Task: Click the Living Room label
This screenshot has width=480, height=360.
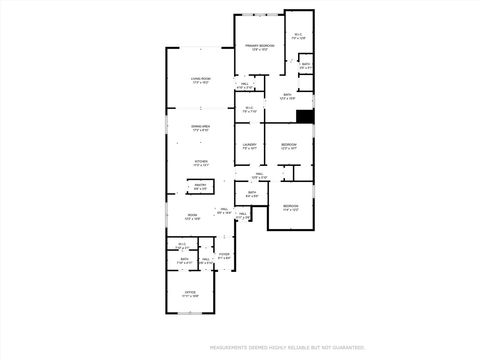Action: click(x=200, y=80)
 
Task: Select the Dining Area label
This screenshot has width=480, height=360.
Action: click(x=200, y=128)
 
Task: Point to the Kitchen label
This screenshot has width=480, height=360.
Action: click(x=200, y=163)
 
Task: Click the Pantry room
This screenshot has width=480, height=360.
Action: click(x=200, y=186)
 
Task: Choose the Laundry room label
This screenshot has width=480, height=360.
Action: click(x=249, y=147)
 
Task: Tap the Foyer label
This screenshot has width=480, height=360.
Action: click(x=224, y=255)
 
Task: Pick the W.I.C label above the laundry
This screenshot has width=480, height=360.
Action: click(x=249, y=109)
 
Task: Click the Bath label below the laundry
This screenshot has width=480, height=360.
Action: click(x=253, y=194)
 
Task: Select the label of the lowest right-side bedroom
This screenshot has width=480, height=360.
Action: click(x=291, y=207)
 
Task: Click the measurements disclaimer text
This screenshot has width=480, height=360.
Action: click(x=287, y=348)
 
